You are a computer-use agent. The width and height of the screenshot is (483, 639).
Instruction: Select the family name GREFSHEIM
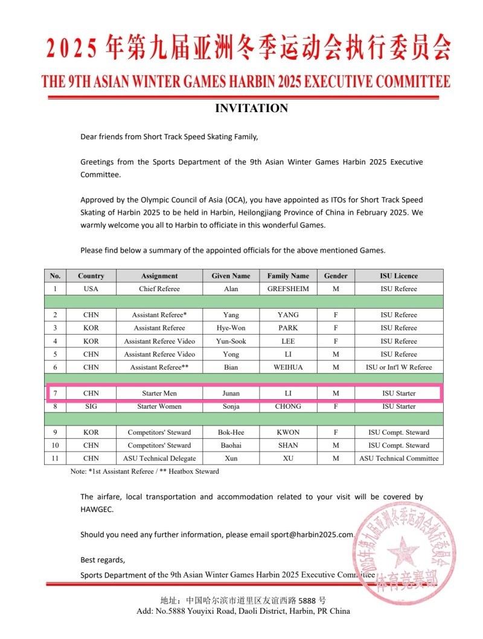pyautogui.click(x=288, y=289)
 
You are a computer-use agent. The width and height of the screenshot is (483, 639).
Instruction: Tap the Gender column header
pyautogui.click(x=336, y=275)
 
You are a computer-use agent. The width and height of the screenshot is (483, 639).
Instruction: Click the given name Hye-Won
pyautogui.click(x=231, y=328)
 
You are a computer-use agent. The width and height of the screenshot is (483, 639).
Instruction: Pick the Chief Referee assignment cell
pyautogui.click(x=159, y=289)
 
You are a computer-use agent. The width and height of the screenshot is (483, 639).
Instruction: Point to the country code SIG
pyautogui.click(x=91, y=406)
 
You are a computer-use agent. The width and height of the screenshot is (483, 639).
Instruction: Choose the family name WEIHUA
pyautogui.click(x=288, y=367)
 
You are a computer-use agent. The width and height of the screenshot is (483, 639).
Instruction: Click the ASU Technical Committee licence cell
pyautogui.click(x=398, y=458)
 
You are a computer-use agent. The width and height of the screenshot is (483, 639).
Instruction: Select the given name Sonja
pyautogui.click(x=231, y=406)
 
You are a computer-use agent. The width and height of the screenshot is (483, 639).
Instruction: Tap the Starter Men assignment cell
pyautogui.click(x=159, y=393)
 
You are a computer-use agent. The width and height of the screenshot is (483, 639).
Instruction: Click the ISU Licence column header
pyautogui.click(x=398, y=275)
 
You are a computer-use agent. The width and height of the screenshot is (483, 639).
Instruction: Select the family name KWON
pyautogui.click(x=288, y=432)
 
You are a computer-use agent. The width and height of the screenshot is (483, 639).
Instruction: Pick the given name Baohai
pyautogui.click(x=231, y=445)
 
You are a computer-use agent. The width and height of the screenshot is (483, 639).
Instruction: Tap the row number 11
pyautogui.click(x=56, y=458)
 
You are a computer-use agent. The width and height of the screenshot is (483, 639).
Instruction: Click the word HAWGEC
pyautogui.click(x=97, y=509)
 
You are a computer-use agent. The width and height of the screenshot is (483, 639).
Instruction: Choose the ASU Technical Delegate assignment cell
pyautogui.click(x=159, y=458)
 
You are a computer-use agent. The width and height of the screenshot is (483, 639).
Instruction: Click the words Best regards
pyautogui.click(x=103, y=560)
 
